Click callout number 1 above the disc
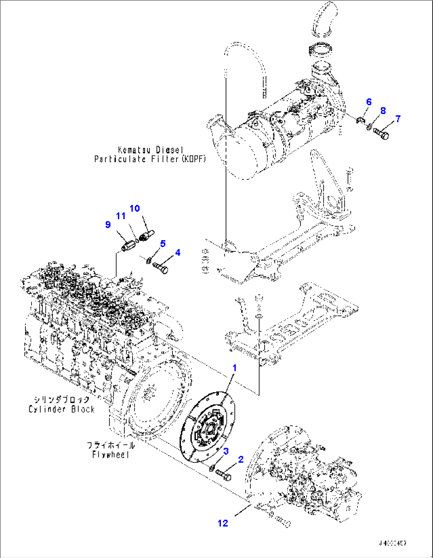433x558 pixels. point(234,368)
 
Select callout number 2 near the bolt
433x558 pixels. point(240,460)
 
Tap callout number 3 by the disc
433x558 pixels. point(226,451)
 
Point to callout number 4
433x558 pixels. point(178,253)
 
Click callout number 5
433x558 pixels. point(162,244)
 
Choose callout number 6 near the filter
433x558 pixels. point(369,102)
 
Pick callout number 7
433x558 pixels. point(398,119)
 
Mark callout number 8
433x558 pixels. point(383,111)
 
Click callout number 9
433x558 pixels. point(108,225)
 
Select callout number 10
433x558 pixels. point(135,208)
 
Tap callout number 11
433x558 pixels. point(121,216)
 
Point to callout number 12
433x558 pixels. point(223,523)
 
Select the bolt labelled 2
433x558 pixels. point(224,474)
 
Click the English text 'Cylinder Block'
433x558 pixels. point(62,409)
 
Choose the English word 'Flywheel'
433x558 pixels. point(110,455)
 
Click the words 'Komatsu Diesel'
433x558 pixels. point(151,150)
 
